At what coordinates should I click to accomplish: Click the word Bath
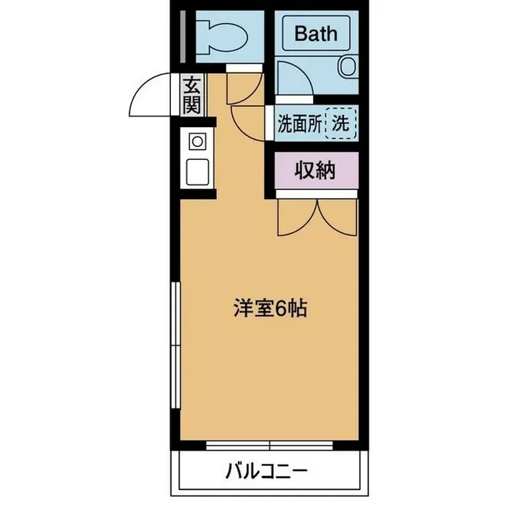[x=316, y=33]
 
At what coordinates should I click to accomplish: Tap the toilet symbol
[x=219, y=35]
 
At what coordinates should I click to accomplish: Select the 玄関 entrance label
[x=193, y=96]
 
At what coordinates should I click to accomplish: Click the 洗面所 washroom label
[x=298, y=124]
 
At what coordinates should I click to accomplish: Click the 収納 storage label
[x=315, y=170]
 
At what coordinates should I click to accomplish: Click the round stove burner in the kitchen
[x=197, y=142]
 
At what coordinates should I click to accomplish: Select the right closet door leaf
[x=337, y=217]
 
